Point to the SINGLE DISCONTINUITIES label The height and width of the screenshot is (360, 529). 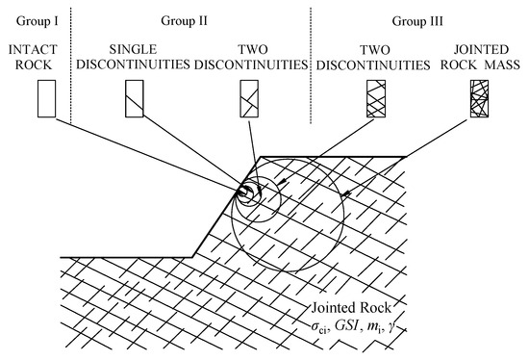[x=139, y=56]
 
